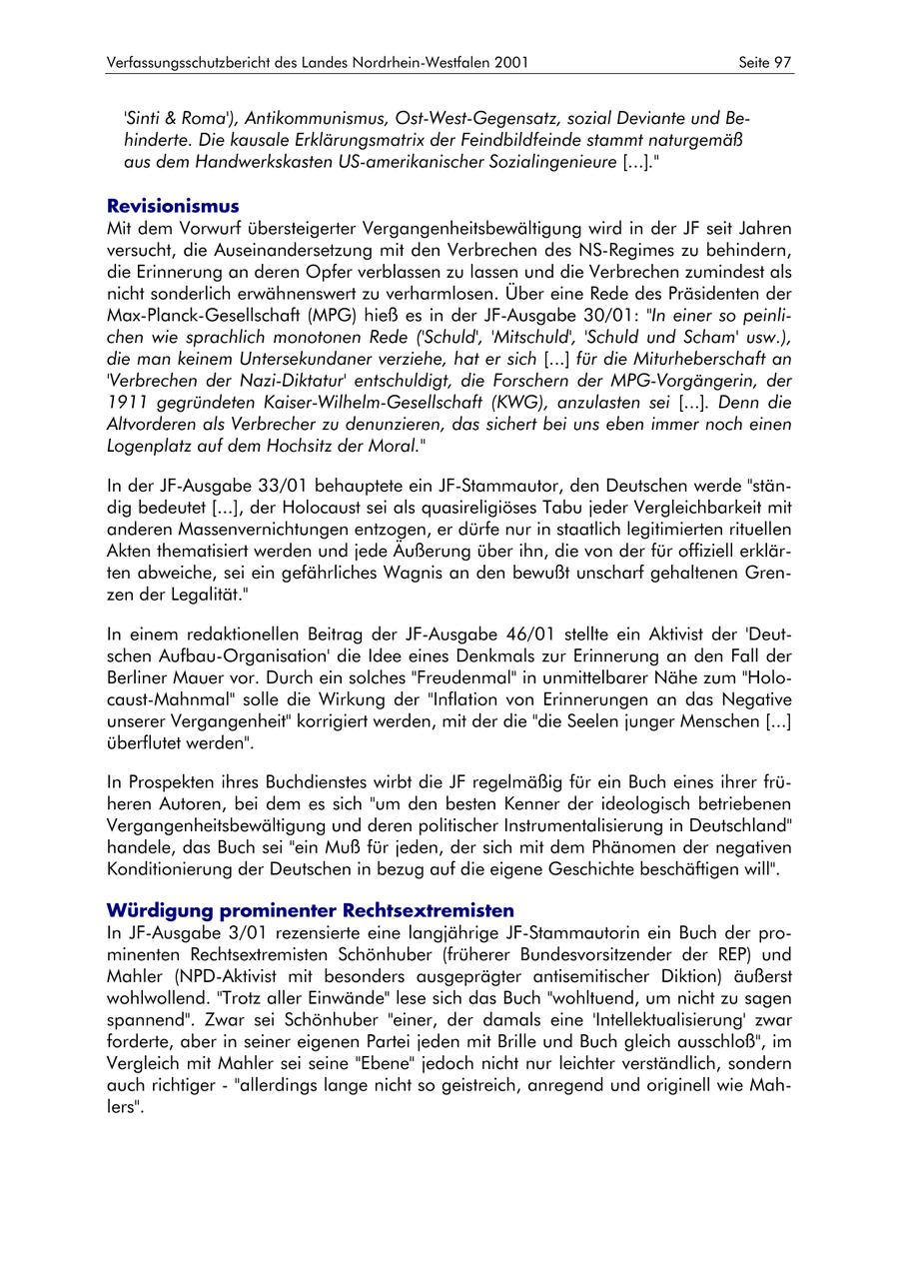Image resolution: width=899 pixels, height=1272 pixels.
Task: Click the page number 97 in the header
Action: click(782, 63)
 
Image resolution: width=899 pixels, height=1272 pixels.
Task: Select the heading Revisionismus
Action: click(173, 207)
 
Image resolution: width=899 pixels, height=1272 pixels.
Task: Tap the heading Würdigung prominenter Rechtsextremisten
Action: click(311, 910)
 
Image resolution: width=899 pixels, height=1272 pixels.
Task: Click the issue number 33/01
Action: click(274, 487)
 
